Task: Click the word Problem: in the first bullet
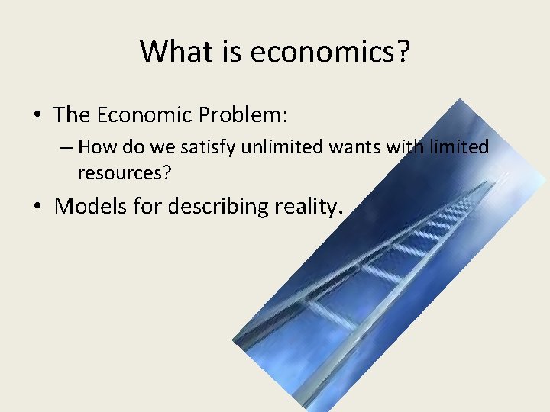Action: pyautogui.click(x=243, y=115)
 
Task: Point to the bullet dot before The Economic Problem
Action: pyautogui.click(x=37, y=116)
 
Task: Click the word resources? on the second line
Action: pyautogui.click(x=125, y=173)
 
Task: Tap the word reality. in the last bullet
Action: pyautogui.click(x=309, y=206)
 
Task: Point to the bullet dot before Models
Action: pyautogui.click(x=37, y=207)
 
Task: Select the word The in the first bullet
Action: pyautogui.click(x=72, y=115)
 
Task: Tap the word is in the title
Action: pyautogui.click(x=230, y=52)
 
